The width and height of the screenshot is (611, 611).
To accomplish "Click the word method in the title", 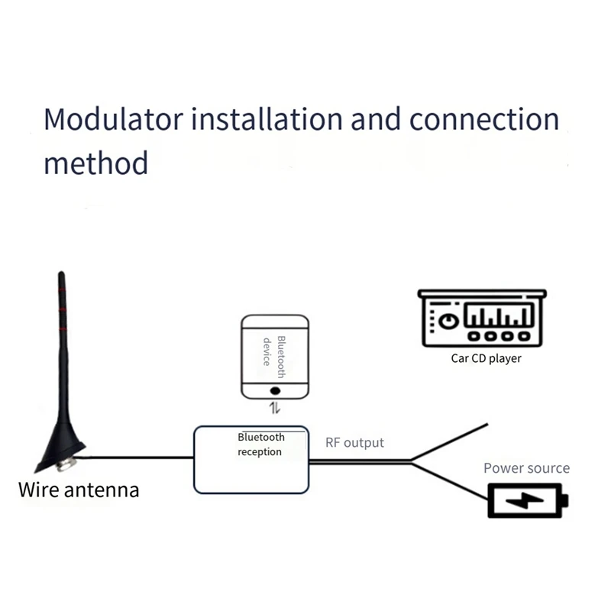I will (95, 163).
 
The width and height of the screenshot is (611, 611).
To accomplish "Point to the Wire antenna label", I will (79, 489).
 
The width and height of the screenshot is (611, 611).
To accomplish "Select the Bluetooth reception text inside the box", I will (260, 445).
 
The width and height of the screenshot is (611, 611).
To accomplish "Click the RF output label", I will (354, 443).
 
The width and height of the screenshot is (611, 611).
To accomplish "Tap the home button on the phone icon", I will (275, 390).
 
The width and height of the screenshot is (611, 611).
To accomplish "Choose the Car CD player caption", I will (486, 358).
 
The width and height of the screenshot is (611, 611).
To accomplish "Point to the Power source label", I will (526, 468).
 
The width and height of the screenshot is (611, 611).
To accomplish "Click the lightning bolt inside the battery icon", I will (526, 501).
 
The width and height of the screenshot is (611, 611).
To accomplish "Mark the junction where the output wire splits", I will (412, 461).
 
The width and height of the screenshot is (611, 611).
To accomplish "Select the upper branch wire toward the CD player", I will (451, 441).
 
